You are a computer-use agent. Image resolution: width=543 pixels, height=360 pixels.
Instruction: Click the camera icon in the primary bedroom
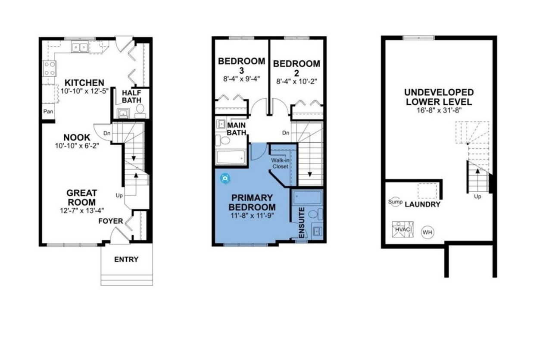[225, 178]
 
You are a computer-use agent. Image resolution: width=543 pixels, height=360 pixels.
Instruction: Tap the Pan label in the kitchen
[48, 111]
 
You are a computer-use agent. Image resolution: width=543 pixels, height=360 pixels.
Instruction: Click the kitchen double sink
[79, 47]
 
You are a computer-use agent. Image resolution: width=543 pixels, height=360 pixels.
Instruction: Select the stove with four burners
[50, 69]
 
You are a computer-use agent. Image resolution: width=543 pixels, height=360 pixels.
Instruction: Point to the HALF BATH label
[131, 97]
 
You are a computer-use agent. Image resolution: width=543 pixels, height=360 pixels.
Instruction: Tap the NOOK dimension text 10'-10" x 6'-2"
[77, 146]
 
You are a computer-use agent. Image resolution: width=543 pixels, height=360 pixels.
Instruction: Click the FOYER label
[110, 221]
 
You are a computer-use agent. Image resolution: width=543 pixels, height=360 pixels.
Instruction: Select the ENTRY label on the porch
[126, 259]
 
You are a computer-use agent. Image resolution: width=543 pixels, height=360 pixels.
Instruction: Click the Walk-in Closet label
[280, 163]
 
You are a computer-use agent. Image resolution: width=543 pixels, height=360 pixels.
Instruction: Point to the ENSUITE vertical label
[301, 223]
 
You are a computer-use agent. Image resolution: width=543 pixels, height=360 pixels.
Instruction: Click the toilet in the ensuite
[315, 214]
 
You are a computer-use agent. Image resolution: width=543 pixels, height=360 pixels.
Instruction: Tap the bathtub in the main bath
[231, 157]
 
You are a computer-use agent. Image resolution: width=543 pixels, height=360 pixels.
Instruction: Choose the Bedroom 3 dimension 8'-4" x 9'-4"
[241, 79]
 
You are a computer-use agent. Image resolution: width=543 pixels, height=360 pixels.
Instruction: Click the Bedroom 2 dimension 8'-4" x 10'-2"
[296, 81]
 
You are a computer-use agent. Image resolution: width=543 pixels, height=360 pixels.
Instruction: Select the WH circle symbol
[428, 232]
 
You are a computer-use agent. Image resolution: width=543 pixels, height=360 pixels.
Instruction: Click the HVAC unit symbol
[403, 229]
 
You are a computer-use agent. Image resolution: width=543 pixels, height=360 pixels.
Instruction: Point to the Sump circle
[395, 202]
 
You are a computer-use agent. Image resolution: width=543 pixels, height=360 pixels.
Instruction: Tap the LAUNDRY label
[422, 204]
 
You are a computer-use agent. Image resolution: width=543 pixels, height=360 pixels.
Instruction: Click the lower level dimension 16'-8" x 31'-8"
[439, 110]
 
